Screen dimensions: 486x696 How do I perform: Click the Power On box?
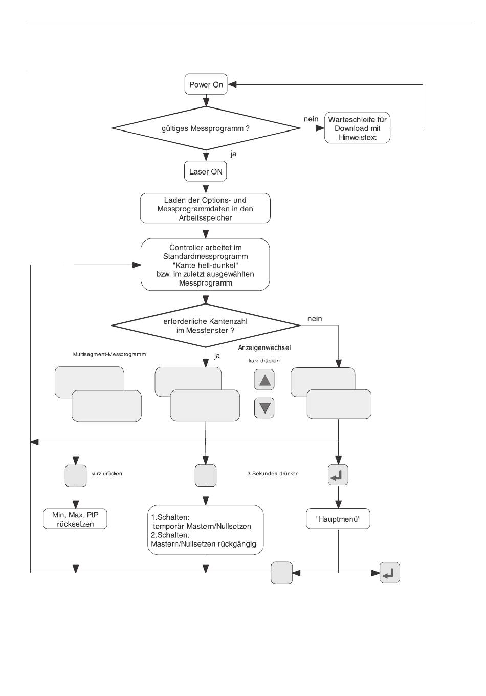(x=206, y=84)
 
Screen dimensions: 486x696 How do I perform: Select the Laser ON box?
(x=206, y=171)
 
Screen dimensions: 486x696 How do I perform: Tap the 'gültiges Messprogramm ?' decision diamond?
(x=206, y=128)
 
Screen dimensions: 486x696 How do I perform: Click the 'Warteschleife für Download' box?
(x=357, y=128)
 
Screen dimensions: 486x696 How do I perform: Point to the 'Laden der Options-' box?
(x=205, y=208)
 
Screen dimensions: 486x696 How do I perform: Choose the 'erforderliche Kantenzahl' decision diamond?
(x=206, y=325)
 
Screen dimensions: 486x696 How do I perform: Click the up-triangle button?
(x=264, y=380)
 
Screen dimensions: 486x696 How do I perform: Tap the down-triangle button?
(x=264, y=408)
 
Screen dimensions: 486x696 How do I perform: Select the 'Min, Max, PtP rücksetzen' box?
(x=75, y=519)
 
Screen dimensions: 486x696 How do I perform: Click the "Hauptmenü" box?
(x=338, y=519)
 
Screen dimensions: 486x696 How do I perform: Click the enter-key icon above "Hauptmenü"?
(x=338, y=475)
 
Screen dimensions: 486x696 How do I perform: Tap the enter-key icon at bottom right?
(x=390, y=573)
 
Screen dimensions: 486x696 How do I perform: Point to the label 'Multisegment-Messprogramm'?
(x=109, y=354)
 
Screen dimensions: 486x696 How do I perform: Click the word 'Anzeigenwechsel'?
(x=264, y=347)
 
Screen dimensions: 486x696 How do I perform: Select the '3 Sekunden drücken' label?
(x=273, y=474)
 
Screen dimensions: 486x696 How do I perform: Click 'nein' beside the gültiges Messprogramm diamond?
(x=311, y=119)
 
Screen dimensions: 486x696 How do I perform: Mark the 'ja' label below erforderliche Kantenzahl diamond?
(x=217, y=356)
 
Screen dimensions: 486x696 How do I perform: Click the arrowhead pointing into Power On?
(x=232, y=84)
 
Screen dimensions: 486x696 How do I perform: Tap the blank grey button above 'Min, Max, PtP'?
(x=76, y=476)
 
